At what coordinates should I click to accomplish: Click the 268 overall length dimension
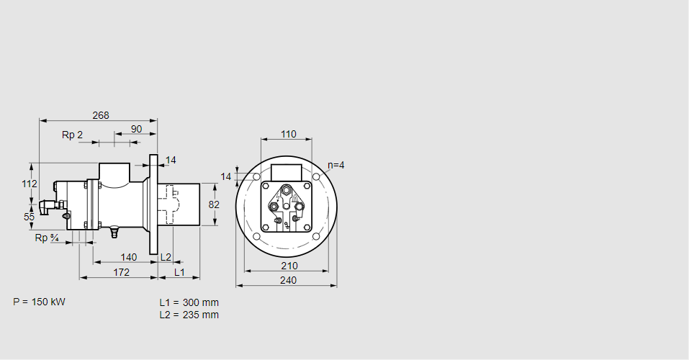pyautogui.click(x=101, y=115)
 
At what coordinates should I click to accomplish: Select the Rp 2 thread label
pyautogui.click(x=72, y=135)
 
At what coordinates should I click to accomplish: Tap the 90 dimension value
pyautogui.click(x=136, y=130)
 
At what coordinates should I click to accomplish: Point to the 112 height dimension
pyautogui.click(x=29, y=184)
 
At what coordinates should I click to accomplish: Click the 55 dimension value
pyautogui.click(x=29, y=216)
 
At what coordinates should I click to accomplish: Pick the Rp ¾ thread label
pyautogui.click(x=47, y=238)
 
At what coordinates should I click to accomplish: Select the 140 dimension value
pyautogui.click(x=128, y=257)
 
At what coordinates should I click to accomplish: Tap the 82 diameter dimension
pyautogui.click(x=214, y=204)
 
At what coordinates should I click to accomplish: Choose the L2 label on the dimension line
pyautogui.click(x=166, y=257)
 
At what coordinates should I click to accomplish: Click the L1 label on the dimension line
pyautogui.click(x=179, y=272)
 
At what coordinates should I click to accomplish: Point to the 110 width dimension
pyautogui.click(x=288, y=134)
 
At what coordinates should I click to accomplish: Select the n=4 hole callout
pyautogui.click(x=336, y=165)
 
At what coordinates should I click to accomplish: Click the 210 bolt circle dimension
pyautogui.click(x=287, y=266)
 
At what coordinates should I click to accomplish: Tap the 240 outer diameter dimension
pyautogui.click(x=287, y=280)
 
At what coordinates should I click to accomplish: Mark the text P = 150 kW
pyautogui.click(x=39, y=302)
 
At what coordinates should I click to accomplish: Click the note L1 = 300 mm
pyautogui.click(x=189, y=302)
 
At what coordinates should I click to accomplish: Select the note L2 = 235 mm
pyautogui.click(x=189, y=315)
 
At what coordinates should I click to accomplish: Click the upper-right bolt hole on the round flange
pyautogui.click(x=317, y=177)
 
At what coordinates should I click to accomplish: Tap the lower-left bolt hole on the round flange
pyautogui.click(x=257, y=237)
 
